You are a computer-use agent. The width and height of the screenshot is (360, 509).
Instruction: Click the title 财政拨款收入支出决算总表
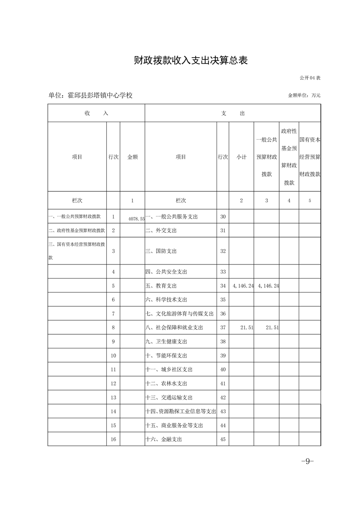[191, 60]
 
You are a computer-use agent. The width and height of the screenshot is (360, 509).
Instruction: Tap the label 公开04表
[310, 78]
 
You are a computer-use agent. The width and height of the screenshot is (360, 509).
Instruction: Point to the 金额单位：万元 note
[304, 96]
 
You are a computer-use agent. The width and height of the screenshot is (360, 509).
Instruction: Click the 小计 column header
[241, 157]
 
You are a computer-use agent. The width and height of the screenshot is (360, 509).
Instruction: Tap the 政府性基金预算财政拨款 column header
[289, 157]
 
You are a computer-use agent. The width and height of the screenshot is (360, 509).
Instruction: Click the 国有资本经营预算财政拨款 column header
[310, 157]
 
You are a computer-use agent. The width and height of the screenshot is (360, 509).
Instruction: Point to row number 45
[222, 439]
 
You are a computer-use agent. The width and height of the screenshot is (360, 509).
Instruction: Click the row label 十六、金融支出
[164, 439]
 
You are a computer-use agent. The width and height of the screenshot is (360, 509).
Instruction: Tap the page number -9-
[307, 461]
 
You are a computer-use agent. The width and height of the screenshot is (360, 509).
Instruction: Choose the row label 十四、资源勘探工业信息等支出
[180, 411]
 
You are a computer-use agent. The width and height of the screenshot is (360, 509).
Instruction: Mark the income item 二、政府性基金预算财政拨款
[77, 230]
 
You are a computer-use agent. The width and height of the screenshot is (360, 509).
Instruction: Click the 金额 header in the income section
[132, 157]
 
